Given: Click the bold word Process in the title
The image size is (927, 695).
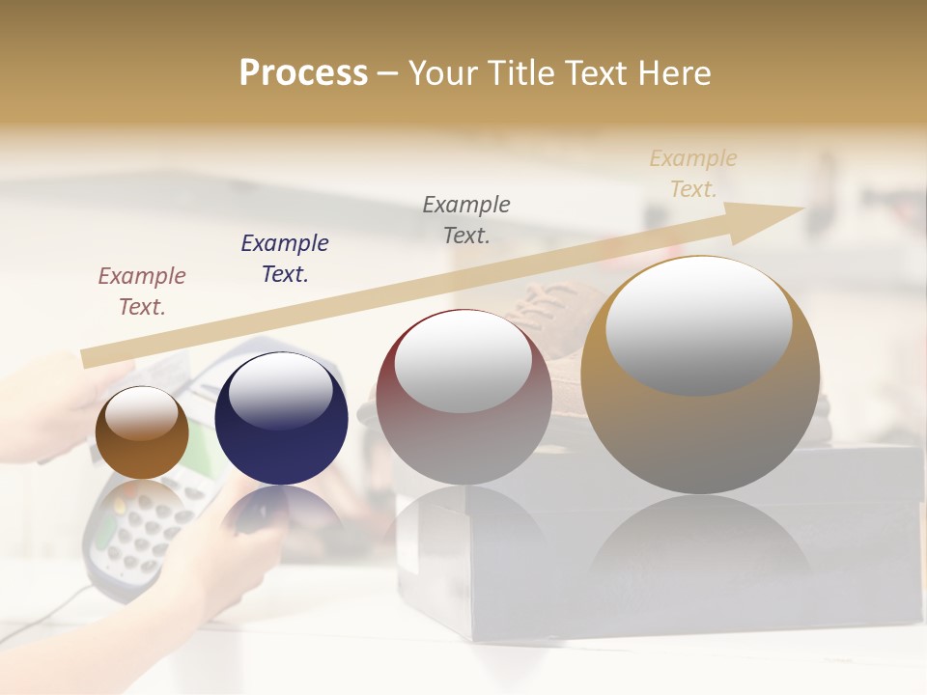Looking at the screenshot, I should tap(303, 73).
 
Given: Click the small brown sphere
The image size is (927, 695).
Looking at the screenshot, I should tap(142, 432).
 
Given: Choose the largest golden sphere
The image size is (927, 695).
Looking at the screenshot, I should tap(700, 376).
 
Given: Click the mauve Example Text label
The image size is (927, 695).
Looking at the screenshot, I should tap(142, 291).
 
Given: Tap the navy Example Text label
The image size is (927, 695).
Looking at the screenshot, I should tap(284, 259).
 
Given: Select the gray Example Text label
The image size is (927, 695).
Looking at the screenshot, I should tap(466, 219).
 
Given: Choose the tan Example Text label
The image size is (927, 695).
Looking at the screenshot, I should tap(693, 174).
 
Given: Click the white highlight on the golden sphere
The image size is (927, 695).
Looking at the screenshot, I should tap(699, 324).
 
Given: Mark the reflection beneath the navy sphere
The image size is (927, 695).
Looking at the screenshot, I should tap(281, 512).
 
